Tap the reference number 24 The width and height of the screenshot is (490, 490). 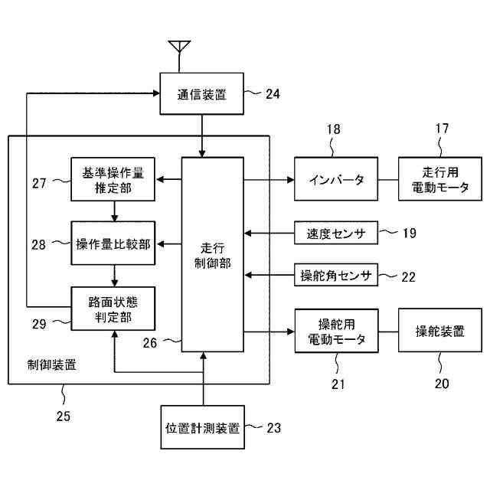[x=273, y=93]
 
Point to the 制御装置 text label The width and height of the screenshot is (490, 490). [x=51, y=364]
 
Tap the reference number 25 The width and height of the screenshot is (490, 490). [x=63, y=416]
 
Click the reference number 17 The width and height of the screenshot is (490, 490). [x=442, y=129]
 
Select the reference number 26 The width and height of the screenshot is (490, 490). [x=150, y=343]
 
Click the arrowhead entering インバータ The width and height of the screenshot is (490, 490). [x=291, y=180]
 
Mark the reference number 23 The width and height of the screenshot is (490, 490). [x=274, y=428]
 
